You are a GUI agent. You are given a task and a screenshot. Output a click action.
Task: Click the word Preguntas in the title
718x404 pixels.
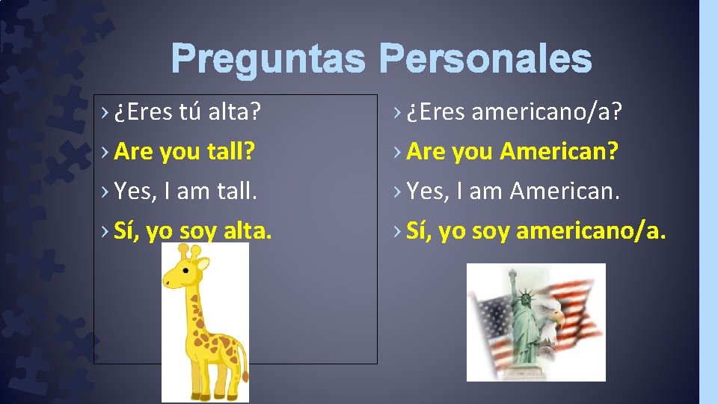[268, 58]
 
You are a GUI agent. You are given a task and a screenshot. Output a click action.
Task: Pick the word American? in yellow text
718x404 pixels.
[559, 152]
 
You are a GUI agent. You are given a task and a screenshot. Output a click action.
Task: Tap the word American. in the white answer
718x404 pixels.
[565, 192]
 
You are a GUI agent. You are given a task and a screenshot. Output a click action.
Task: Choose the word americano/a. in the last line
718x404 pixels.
[590, 231]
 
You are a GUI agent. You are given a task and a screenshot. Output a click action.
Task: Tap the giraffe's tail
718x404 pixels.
[244, 367]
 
